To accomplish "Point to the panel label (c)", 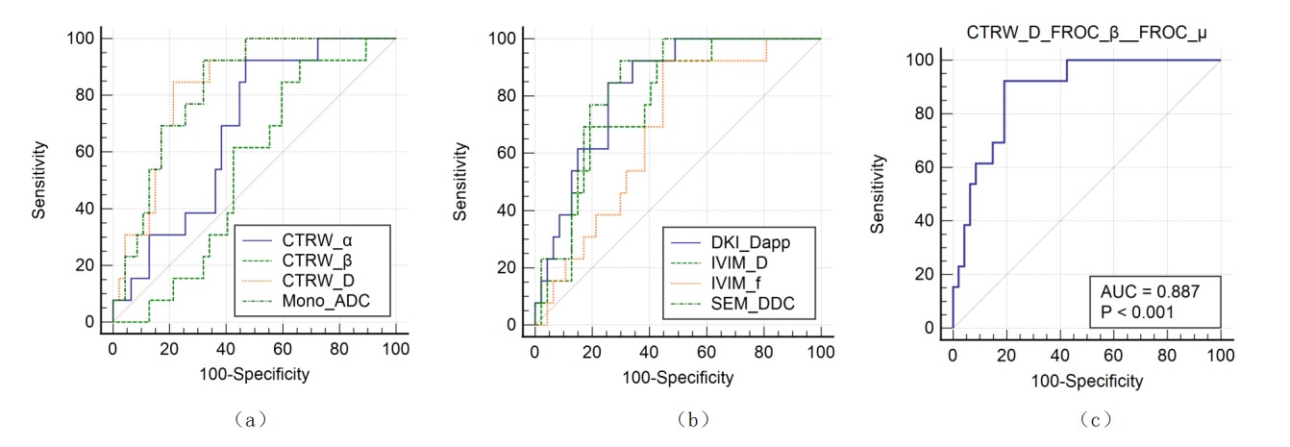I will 1096,419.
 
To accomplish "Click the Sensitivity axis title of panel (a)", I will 40,180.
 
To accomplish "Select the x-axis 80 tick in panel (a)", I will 339,346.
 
